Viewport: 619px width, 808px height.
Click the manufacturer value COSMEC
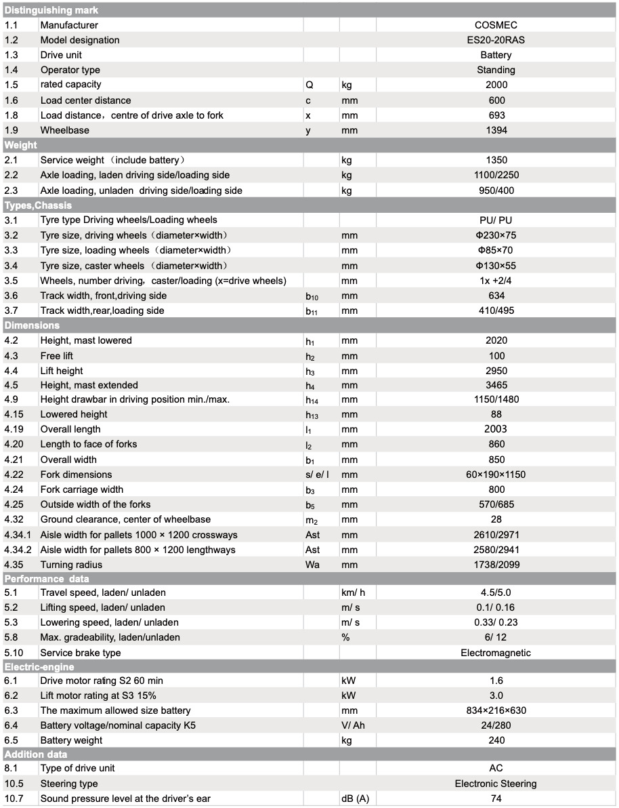(496, 25)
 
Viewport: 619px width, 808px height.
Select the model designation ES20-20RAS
(496, 40)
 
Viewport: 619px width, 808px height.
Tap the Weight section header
(21, 145)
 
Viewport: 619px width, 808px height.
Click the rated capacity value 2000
(496, 85)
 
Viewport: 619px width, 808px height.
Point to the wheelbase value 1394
(496, 130)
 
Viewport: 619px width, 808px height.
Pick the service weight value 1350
(496, 160)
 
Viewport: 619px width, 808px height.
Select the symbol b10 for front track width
(312, 296)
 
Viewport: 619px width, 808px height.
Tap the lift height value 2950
(496, 371)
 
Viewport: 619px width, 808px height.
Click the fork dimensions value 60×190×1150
(496, 474)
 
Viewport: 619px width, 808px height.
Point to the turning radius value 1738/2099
(496, 565)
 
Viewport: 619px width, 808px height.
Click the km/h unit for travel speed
(353, 592)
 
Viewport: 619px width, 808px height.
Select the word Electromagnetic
(496, 653)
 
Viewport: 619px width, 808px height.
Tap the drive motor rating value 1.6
(496, 681)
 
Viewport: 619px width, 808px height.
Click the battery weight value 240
(496, 740)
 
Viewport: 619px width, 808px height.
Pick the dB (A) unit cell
(355, 799)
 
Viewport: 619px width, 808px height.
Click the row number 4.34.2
(18, 550)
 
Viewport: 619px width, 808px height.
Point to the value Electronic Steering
(496, 784)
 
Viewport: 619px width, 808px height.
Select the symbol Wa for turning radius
(312, 565)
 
